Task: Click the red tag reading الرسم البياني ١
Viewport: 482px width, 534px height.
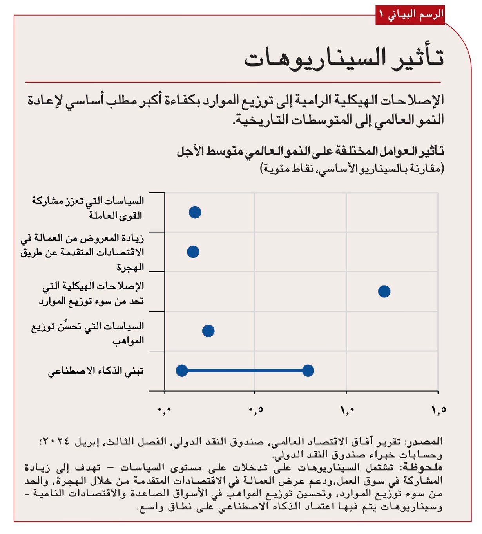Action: click(410, 15)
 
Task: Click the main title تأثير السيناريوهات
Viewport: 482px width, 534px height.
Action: click(344, 58)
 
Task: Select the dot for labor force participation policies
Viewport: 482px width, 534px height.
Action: click(195, 212)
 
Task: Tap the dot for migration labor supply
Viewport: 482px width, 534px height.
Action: click(193, 252)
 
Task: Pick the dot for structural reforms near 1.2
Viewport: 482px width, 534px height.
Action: click(384, 291)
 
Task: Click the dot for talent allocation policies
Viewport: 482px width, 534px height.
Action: click(208, 331)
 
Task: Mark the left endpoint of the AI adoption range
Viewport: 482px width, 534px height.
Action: click(182, 370)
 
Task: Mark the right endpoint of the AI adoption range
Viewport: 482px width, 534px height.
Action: click(308, 370)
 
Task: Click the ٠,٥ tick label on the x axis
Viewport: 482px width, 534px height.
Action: click(255, 410)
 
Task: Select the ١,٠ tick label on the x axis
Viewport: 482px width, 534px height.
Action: click(347, 410)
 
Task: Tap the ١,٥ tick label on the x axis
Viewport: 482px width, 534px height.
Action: click(439, 410)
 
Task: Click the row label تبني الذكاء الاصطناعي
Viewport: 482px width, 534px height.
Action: click(96, 371)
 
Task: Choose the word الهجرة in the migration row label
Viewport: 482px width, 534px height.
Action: click(130, 268)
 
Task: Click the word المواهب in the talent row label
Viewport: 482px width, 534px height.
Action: click(129, 341)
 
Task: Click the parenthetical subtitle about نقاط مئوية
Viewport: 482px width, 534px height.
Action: click(352, 169)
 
